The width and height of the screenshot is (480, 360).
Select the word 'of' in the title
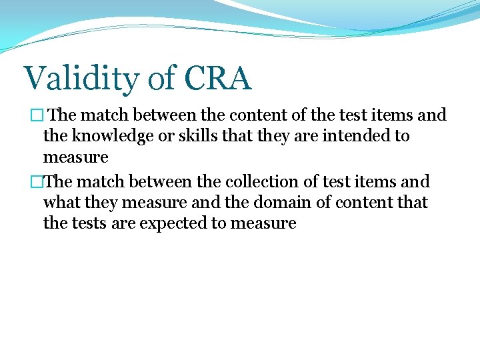(x=161, y=78)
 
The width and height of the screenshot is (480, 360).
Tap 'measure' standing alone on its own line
(x=75, y=158)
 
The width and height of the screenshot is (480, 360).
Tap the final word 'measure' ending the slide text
(x=263, y=223)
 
